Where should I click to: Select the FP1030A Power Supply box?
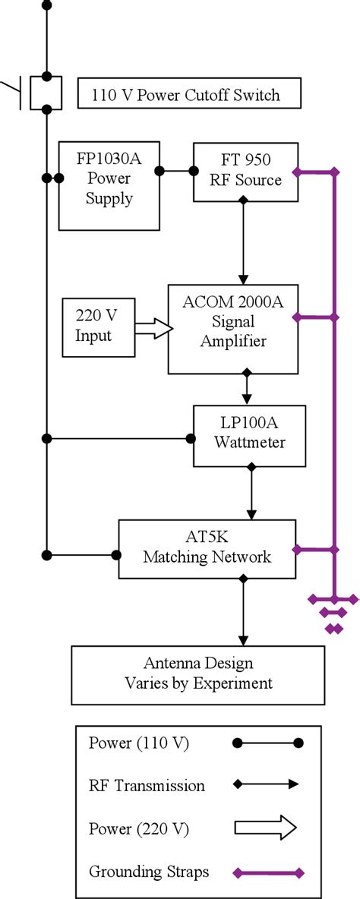point(109,185)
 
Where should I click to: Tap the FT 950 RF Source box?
point(242,172)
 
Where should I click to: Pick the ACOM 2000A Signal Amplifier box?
point(232,330)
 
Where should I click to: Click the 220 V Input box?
point(99,326)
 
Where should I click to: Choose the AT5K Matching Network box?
point(207,547)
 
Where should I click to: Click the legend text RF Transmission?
point(147,785)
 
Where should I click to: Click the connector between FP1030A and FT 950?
point(176,171)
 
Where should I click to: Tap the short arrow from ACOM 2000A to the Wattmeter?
point(245,388)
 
